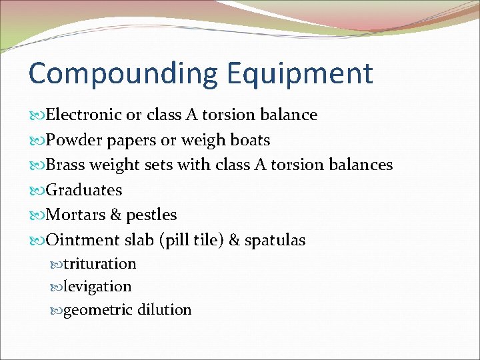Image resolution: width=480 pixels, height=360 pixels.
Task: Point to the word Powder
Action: [71, 141]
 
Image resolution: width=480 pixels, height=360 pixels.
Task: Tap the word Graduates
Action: [84, 191]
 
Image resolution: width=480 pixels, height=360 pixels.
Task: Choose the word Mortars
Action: [75, 215]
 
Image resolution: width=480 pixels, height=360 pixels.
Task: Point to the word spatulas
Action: [275, 241]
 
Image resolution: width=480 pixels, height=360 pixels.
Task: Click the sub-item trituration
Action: [100, 264]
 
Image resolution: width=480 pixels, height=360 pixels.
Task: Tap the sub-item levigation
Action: [97, 287]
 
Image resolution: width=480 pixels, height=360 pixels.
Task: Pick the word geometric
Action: [98, 310]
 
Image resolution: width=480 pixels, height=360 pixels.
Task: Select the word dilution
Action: [164, 309]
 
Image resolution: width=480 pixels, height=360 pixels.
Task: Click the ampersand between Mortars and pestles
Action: [114, 215]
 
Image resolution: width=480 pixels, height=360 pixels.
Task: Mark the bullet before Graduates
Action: [37, 191]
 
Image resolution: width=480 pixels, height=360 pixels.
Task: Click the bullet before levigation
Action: [56, 287]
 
